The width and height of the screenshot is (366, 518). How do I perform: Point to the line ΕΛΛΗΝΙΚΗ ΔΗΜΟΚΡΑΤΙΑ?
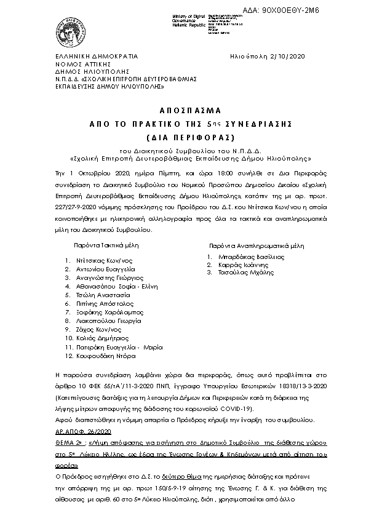[95, 56]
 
